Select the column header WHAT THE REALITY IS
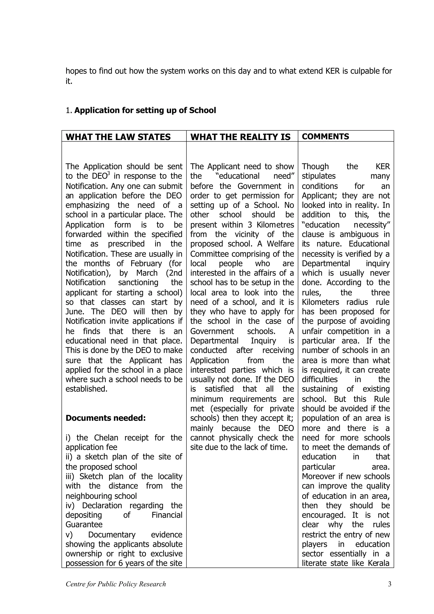[x=240, y=137]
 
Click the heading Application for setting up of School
[x=145, y=110]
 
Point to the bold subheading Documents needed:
[x=106, y=418]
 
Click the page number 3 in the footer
[x=390, y=584]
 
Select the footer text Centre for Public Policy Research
[x=116, y=584]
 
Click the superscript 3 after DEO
[x=108, y=174]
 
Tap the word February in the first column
[x=146, y=263]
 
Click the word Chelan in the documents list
[x=106, y=438]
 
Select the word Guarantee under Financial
[x=84, y=524]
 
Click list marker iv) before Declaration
[x=70, y=506]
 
